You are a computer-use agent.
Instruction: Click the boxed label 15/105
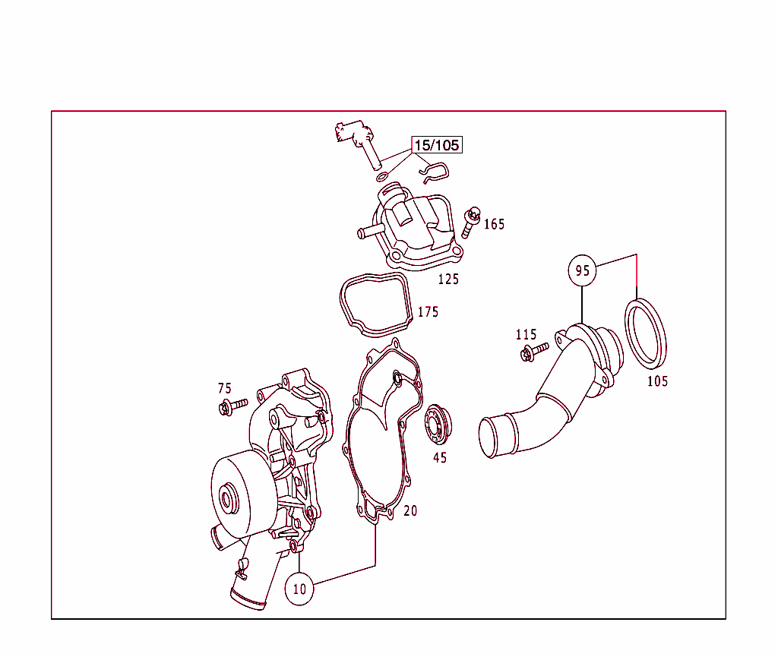437,145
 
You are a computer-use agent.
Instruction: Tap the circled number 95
582,270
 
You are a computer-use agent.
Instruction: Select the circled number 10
299,589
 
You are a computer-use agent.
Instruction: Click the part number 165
494,224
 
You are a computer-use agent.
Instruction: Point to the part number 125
448,280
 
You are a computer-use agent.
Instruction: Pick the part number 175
429,312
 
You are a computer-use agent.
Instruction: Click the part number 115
526,335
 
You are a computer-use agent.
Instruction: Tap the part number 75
225,388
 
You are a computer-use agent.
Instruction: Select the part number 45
440,458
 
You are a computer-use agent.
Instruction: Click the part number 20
410,510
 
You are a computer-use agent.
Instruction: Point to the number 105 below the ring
657,381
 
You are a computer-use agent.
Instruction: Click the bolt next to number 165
471,222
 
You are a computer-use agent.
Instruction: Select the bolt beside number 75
232,406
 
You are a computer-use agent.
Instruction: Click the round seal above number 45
438,425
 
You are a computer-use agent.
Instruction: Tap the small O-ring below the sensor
382,176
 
